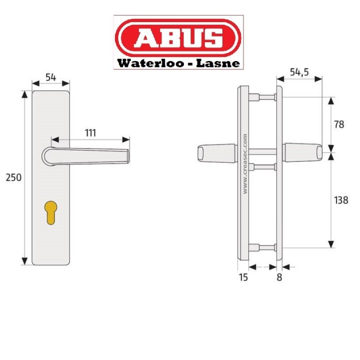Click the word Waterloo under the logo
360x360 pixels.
[145, 63]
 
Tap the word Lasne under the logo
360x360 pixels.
[218, 63]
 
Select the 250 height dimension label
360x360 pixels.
[12, 177]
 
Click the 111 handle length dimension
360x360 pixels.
[90, 132]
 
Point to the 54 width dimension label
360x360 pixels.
[50, 77]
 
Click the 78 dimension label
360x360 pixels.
[339, 124]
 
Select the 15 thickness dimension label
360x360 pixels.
[242, 277]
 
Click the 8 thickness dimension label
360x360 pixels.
[279, 277]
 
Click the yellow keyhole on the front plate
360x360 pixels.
[50, 211]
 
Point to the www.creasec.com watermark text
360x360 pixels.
[245, 163]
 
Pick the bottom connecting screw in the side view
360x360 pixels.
[260, 246]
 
